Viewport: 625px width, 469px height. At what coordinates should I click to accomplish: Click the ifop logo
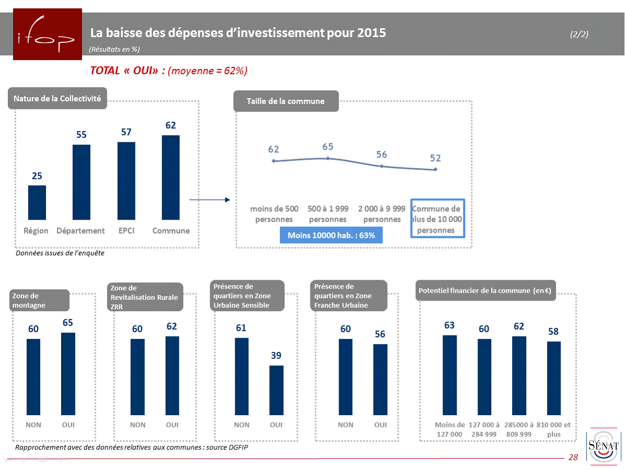pos(47,34)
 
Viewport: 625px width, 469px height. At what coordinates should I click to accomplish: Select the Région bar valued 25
pos(37,202)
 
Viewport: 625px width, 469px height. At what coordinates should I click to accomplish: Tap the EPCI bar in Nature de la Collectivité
pos(126,180)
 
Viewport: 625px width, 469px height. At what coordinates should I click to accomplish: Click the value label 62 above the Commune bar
pos(171,125)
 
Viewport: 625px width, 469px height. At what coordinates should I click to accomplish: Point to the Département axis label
pos(80,231)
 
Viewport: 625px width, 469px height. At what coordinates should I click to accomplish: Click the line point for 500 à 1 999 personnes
pos(328,158)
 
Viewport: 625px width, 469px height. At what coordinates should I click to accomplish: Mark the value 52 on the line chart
pos(436,158)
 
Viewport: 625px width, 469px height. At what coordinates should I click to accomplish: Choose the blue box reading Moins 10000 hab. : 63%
pos(331,235)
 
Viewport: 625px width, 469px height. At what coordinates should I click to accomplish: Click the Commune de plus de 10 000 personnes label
pos(436,220)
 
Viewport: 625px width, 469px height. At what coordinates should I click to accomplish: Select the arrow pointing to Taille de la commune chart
pos(210,200)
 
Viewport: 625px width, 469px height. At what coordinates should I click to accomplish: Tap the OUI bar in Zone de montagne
pos(68,373)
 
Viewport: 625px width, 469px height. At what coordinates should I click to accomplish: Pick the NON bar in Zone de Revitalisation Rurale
pos(137,376)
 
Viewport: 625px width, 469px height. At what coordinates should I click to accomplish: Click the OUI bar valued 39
pos(276,390)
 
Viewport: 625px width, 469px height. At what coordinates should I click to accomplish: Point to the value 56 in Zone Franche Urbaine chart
pos(380,334)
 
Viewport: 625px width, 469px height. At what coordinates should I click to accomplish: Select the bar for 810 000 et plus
pos(553,378)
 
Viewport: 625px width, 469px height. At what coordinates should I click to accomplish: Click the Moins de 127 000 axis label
pos(449,429)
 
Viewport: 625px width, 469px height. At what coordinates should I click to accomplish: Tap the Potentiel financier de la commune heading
pos(485,291)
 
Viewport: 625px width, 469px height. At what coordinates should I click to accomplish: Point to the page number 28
pos(573,457)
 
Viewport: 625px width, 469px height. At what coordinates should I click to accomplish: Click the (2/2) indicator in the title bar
pos(579,34)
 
